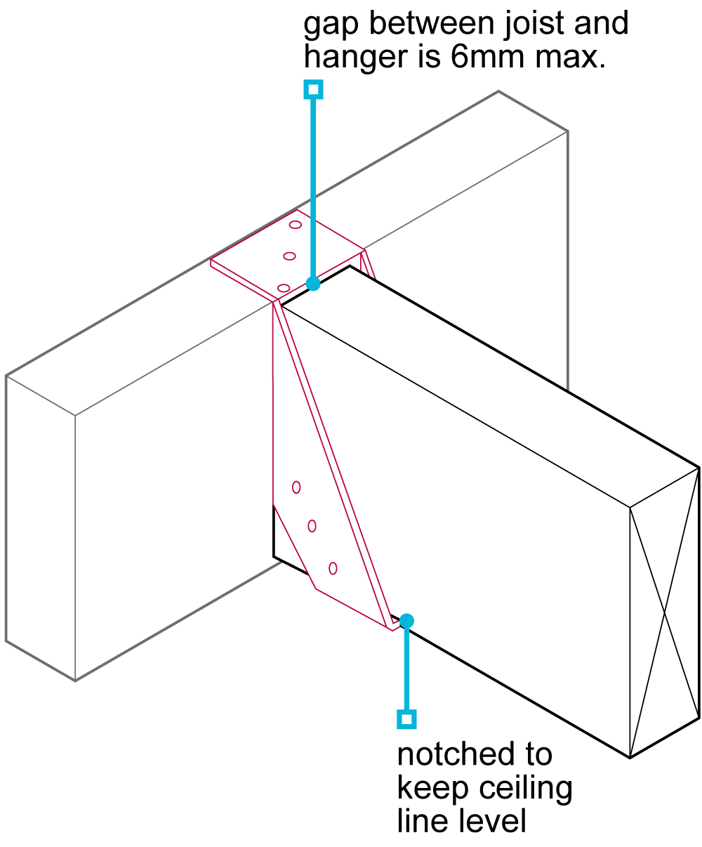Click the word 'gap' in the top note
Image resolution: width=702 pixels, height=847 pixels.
pos(330,25)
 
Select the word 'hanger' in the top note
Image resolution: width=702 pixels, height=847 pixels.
pos(355,58)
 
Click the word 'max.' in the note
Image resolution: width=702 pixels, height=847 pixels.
pos(570,57)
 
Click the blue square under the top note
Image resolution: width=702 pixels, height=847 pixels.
pos(313,89)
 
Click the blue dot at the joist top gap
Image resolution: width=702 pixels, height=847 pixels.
pos(313,284)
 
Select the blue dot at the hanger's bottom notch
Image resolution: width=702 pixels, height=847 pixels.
pos(406,621)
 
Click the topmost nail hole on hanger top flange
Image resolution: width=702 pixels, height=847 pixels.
pos(296,224)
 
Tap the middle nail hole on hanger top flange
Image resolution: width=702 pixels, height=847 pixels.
pos(289,256)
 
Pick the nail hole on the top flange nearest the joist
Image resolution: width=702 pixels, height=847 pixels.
pos(284,288)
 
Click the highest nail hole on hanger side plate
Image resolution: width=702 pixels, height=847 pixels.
pos(296,487)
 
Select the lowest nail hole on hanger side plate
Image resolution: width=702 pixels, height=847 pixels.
pos(333,568)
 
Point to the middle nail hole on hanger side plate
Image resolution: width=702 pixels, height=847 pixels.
pos(312,526)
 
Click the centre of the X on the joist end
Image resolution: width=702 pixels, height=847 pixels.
pos(664,612)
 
